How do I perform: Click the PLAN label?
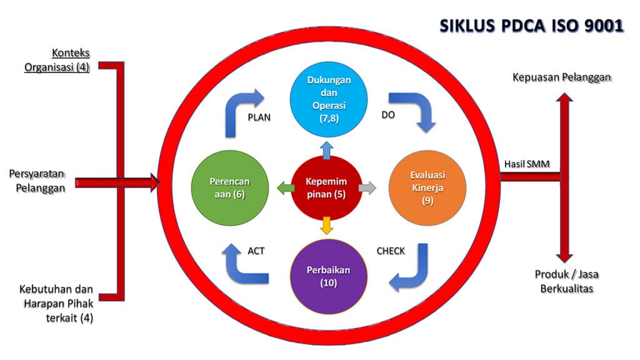coord(259,117)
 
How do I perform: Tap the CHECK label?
coord(390,251)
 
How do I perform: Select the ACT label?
coord(257,251)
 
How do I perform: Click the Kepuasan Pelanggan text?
coord(562,77)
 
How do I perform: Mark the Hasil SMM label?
coord(523,164)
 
